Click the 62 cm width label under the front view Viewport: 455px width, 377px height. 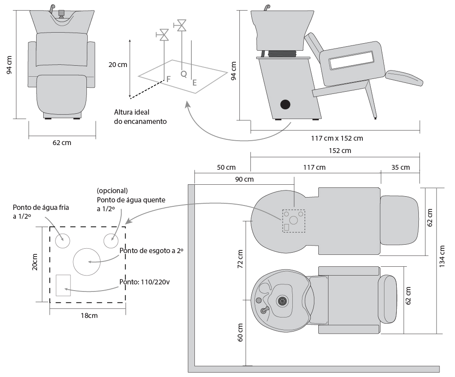click(62, 143)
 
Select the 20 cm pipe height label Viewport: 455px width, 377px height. click(118, 64)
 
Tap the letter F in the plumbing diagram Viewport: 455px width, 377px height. click(168, 79)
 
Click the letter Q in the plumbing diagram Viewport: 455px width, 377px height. click(183, 74)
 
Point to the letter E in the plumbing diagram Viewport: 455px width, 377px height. click(194, 82)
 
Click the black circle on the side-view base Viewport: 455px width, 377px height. click(286, 104)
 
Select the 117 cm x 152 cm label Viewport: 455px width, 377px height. click(337, 138)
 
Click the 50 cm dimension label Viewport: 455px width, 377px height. click(226, 168)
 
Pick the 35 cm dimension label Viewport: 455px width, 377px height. click(400, 168)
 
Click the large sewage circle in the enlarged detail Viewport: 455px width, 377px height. click(87, 261)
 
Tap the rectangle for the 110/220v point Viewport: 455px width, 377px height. click(63, 285)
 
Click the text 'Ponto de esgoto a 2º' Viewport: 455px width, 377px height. click(151, 250)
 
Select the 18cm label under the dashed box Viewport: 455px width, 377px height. click(89, 316)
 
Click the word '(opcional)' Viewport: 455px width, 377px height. click(112, 191)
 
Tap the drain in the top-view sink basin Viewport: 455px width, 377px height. click(282, 301)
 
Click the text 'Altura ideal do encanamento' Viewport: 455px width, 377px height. click(140, 116)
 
